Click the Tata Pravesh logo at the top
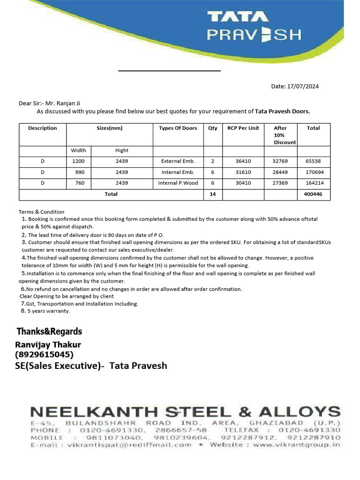click(x=254, y=27)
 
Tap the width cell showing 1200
click(x=78, y=161)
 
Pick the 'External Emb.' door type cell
click(x=178, y=161)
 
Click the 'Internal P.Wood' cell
click(x=178, y=183)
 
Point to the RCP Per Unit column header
click(x=243, y=128)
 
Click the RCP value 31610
click(x=243, y=172)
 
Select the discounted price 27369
click(x=280, y=183)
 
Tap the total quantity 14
click(x=213, y=194)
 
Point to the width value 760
click(x=80, y=183)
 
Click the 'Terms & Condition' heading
click(x=41, y=212)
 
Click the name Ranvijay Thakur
click(x=48, y=345)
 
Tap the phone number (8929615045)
click(x=45, y=354)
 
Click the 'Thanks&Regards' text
click(x=49, y=331)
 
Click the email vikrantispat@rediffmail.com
click(x=129, y=444)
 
